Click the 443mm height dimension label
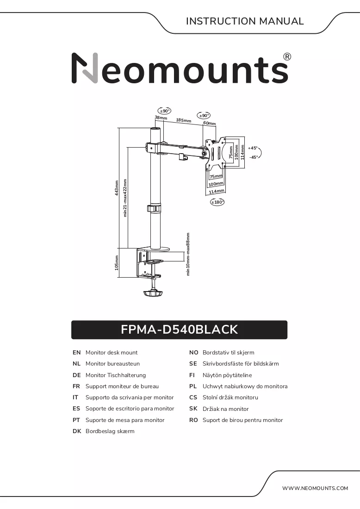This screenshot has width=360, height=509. click(117, 188)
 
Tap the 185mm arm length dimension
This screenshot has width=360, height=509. click(184, 120)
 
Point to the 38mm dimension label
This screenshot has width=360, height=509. click(161, 118)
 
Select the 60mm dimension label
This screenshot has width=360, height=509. click(209, 123)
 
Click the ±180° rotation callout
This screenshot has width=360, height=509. click(217, 202)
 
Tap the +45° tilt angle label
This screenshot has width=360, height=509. click(253, 148)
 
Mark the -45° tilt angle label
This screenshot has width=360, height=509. click(254, 157)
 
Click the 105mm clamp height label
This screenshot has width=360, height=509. click(117, 263)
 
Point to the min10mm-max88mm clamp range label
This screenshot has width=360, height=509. click(187, 254)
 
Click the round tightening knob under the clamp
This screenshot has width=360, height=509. click(153, 293)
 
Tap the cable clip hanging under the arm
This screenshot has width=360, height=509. click(183, 156)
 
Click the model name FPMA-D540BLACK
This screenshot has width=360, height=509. click(179, 329)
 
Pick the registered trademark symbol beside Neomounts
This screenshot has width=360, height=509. click(287, 57)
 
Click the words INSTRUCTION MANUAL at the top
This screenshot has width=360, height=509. click(245, 21)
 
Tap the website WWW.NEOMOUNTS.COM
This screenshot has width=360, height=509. click(315, 488)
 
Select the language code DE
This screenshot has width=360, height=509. click(77, 375)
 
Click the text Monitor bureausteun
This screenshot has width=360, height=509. click(112, 364)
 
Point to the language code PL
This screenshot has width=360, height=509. click(193, 386)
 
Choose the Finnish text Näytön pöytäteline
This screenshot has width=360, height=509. click(227, 375)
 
